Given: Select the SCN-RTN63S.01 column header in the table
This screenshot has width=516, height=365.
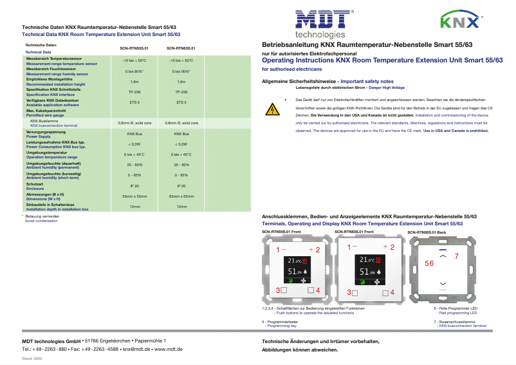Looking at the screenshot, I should point(181,48).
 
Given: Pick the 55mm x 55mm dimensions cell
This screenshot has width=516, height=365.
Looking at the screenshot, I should point(134,195).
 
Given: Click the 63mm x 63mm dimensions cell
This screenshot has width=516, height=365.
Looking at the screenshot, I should point(181,195).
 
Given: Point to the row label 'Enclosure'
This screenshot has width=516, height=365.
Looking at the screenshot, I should point(35,188).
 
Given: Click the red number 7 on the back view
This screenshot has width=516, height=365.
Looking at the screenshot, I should point(456,256).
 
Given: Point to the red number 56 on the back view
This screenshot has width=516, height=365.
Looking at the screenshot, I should point(429,264).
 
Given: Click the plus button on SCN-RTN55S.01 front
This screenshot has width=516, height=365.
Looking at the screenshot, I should point(311,248).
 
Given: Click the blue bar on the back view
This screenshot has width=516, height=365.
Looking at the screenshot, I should point(441,248).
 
